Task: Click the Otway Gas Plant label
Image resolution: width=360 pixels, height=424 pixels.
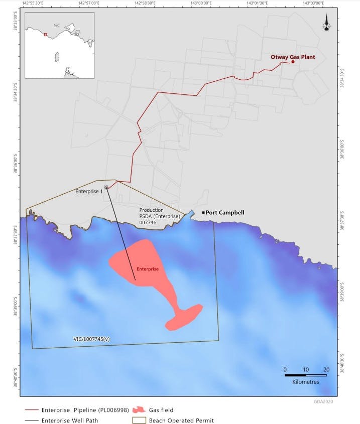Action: point(293,57)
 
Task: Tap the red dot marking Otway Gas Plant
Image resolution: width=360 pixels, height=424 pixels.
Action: point(293,62)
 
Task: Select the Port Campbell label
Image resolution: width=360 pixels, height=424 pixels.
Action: point(225,212)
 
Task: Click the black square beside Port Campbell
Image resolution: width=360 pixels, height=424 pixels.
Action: point(203,212)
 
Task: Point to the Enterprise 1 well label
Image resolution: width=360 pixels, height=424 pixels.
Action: point(89,191)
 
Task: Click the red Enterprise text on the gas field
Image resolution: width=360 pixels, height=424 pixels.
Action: point(147,269)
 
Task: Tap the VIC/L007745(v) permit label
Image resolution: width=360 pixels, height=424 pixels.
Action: point(91,339)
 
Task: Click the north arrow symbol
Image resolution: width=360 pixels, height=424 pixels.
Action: point(327,23)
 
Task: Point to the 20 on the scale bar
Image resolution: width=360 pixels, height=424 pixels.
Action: point(326,369)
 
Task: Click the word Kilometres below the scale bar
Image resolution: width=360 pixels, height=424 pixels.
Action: point(306,381)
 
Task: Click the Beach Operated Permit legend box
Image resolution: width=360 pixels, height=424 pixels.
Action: point(139,420)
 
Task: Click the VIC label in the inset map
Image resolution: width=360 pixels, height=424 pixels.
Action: point(57,25)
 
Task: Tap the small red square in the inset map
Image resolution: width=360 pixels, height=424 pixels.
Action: point(45,35)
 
